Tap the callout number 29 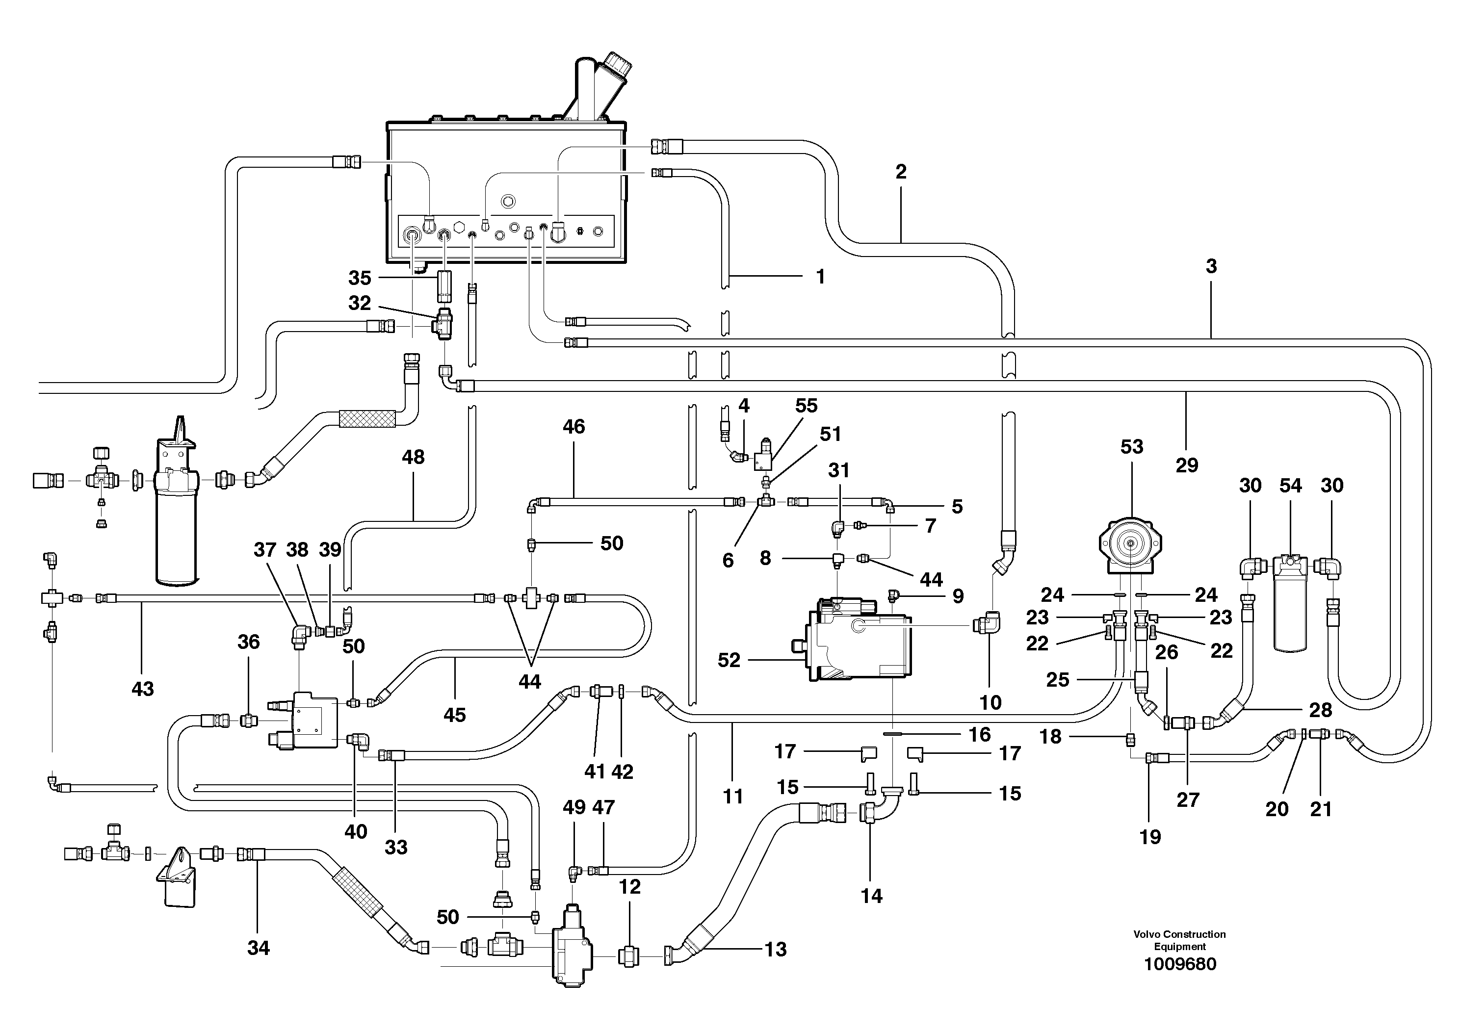pos(1187,465)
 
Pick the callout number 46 pos(574,427)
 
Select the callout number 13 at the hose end pos(775,949)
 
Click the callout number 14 pos(871,896)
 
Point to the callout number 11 pos(732,796)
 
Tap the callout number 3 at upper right pos(1211,266)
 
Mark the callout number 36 pos(248,642)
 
